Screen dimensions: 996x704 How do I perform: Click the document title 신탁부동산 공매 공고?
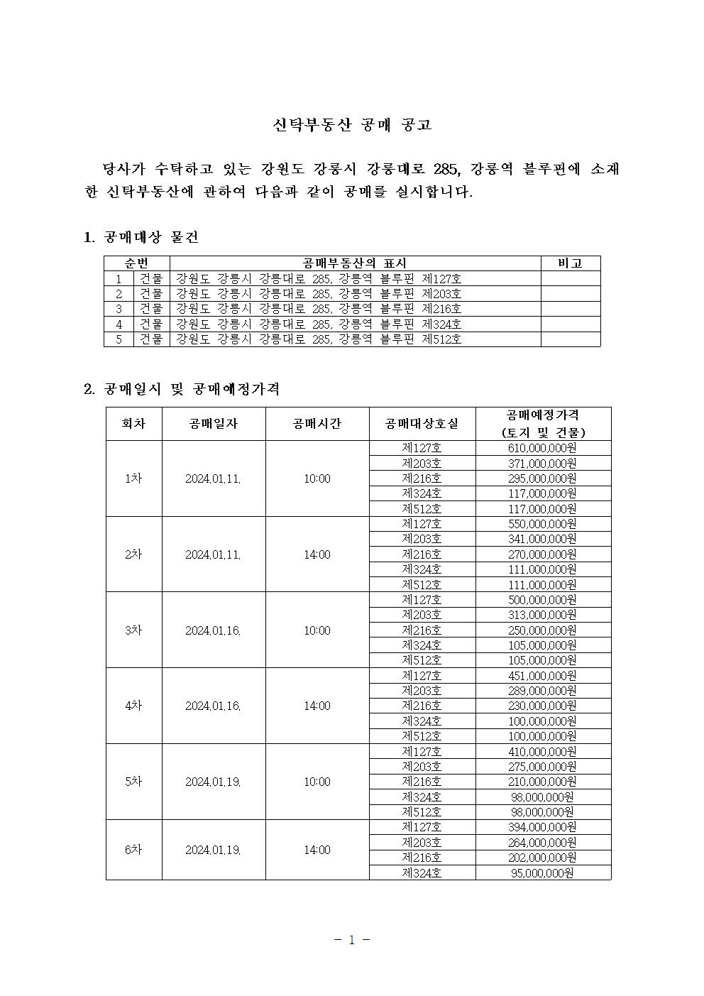click(x=352, y=125)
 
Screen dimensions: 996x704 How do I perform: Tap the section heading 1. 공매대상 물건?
click(x=141, y=237)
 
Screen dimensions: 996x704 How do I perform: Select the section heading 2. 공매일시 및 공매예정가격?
click(x=182, y=389)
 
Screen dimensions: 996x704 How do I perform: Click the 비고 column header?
click(x=570, y=263)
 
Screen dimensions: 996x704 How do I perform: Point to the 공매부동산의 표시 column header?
click(x=354, y=263)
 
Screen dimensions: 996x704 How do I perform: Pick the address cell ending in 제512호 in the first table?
click(x=319, y=339)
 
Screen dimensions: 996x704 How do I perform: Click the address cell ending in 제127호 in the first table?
click(x=319, y=279)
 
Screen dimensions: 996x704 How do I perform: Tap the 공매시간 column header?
click(x=317, y=424)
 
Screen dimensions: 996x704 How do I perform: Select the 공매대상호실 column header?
click(x=422, y=424)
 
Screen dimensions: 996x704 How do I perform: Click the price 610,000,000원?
click(x=542, y=448)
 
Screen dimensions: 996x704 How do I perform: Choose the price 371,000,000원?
click(x=542, y=464)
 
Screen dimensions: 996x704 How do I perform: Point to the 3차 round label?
click(x=133, y=630)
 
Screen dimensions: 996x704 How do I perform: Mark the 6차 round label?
click(x=133, y=850)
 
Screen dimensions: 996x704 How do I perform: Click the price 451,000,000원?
click(x=542, y=676)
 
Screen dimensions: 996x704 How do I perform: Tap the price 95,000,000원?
click(x=542, y=872)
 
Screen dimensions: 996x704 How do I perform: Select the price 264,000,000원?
click(x=542, y=843)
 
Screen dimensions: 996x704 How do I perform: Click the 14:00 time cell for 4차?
click(x=317, y=706)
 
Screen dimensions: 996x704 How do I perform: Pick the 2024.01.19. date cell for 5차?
click(x=213, y=782)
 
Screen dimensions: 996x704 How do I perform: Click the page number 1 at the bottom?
click(x=351, y=940)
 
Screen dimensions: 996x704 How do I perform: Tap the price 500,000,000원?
click(x=542, y=600)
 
